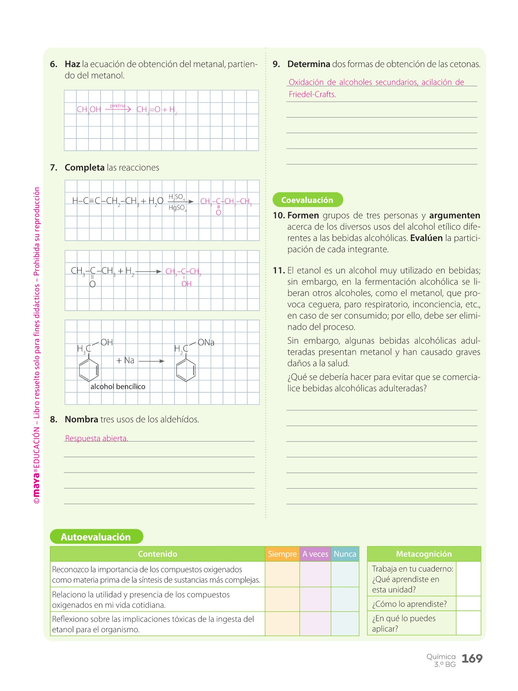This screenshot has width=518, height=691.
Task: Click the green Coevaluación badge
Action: pos(307,200)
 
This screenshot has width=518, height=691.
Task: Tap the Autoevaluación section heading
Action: pos(96,537)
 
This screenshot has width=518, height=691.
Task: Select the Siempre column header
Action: pos(282,554)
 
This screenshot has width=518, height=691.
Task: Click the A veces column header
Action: pos(315,554)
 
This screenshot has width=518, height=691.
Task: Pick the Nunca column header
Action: pos(345,554)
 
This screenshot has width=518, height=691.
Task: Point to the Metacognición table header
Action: pos(424,554)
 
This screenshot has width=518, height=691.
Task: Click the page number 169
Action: pos(472,659)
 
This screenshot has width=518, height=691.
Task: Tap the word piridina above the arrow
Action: pos(118,106)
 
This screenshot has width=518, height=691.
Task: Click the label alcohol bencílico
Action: pos(118,387)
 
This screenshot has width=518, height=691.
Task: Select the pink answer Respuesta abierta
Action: pos(96,438)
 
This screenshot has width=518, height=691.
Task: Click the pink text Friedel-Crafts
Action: pos(312,94)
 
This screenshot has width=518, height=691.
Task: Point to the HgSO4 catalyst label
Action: pos(177,208)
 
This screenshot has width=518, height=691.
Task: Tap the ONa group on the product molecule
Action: pos(206,342)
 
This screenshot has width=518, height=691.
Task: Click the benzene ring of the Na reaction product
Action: pos(186,370)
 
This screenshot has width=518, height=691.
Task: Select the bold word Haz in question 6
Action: pos(72,64)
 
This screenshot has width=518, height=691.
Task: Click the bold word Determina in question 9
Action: pos(308,64)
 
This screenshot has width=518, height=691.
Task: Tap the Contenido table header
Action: pos(157,554)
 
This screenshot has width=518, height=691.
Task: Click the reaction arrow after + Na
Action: pos(151,361)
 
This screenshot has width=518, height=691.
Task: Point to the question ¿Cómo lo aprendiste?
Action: pos(409,604)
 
